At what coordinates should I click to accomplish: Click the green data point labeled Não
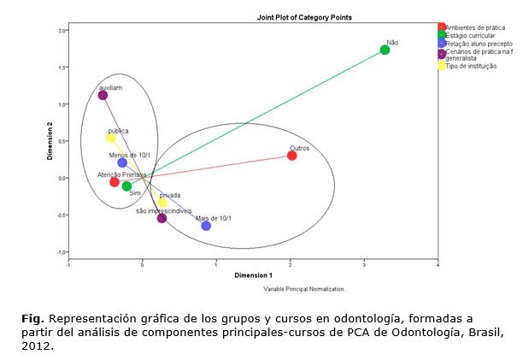pos(385,50)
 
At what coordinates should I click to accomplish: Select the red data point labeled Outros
pos(292,156)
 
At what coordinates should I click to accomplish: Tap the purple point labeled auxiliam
pos(103,95)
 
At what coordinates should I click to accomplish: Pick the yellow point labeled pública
pos(110,139)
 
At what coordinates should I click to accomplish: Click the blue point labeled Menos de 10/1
pos(122,162)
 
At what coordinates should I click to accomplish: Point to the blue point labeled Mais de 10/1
pos(206,226)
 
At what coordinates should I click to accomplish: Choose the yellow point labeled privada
pos(162,203)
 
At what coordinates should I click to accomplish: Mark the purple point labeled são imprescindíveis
pos(162,218)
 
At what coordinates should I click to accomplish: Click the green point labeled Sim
pos(126,186)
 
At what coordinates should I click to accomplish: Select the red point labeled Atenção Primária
pos(115,182)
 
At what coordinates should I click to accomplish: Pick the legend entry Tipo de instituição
pos(469,66)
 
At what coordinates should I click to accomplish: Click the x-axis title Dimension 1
pos(253,275)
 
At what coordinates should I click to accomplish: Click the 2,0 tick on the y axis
pos(62,31)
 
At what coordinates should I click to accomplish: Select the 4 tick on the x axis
pos(438,262)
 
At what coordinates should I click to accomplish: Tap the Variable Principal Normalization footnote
pos(303,290)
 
